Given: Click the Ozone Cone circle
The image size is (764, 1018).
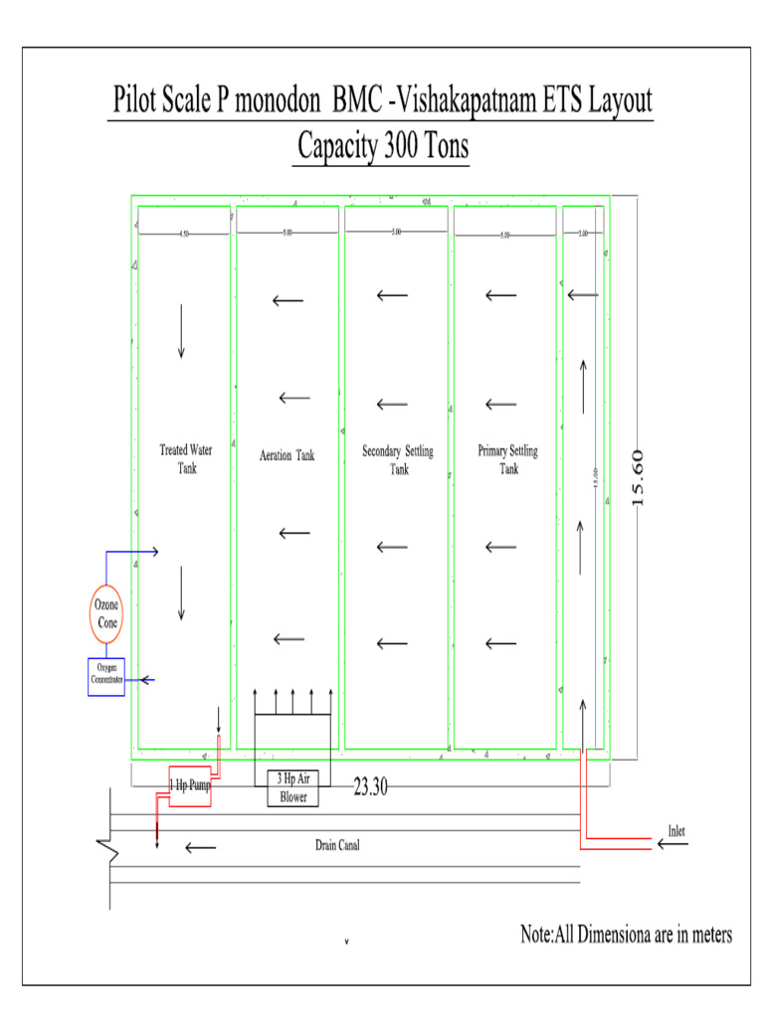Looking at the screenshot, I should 106,613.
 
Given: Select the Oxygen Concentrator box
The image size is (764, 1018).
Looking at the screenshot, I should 106,676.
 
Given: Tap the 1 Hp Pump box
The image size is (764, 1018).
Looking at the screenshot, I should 189,785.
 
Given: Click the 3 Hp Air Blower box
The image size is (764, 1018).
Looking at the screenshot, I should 292,788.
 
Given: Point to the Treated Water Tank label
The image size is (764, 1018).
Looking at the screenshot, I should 186,459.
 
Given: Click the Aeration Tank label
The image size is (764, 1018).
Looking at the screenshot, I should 286,455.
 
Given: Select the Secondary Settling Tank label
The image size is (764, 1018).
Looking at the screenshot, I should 398,460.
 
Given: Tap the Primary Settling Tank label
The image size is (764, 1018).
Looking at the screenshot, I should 507,460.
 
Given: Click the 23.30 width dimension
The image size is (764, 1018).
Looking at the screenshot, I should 369,787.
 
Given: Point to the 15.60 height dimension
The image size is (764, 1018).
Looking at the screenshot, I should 639,477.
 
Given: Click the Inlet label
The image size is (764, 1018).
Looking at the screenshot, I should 676,831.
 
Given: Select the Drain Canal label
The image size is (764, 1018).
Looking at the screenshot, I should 337,846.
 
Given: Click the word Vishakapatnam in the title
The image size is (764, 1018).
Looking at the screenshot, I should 477,102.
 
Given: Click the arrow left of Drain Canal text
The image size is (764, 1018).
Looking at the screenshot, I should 200,848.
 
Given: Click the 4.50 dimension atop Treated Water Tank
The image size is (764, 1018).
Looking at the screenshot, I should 183,235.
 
